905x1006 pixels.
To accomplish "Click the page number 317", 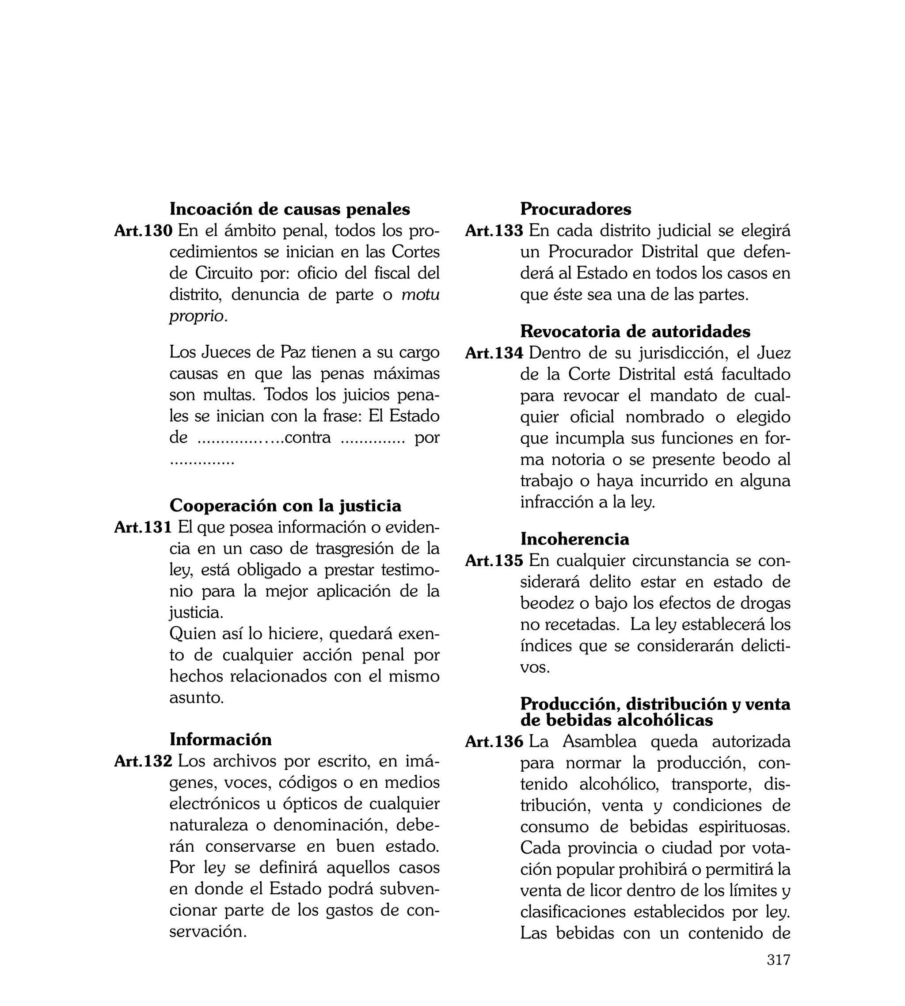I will click(x=778, y=973).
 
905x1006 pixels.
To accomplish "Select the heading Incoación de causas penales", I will click(x=289, y=210).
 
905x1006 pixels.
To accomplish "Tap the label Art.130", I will click(x=143, y=231).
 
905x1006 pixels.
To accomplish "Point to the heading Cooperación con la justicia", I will click(x=285, y=506).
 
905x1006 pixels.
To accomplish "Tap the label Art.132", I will click(x=143, y=761).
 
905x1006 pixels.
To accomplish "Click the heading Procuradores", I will click(x=575, y=210).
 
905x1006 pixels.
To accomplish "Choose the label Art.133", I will click(x=494, y=231).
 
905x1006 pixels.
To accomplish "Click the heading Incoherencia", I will click(x=574, y=539).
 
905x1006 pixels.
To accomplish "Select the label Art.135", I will click(x=494, y=560).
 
